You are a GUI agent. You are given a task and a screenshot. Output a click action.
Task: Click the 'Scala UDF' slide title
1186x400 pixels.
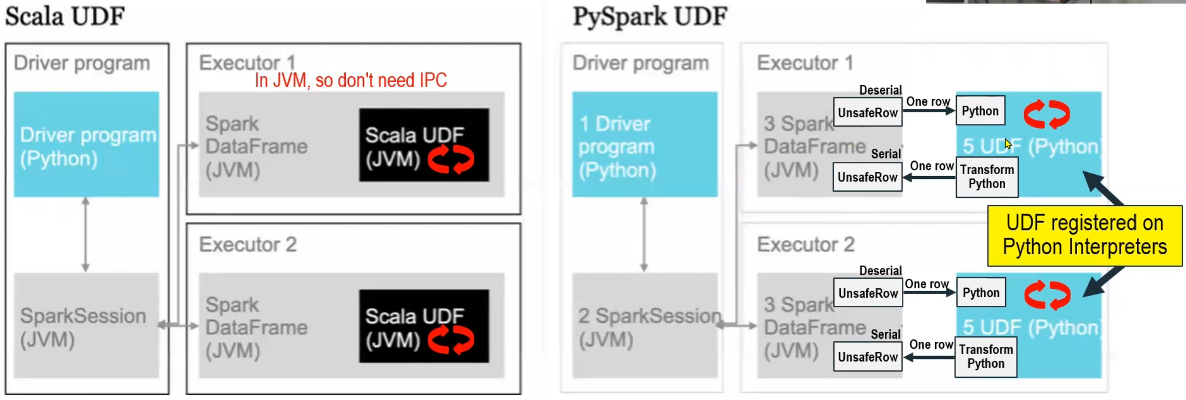click(x=65, y=17)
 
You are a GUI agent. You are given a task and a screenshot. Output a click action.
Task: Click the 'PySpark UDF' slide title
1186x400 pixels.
click(x=650, y=17)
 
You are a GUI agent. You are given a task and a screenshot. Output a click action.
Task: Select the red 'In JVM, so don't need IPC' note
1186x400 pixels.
click(x=350, y=80)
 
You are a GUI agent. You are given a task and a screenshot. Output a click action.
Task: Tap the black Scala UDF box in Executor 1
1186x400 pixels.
click(x=424, y=145)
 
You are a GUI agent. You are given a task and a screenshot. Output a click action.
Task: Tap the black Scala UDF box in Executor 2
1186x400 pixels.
click(x=424, y=326)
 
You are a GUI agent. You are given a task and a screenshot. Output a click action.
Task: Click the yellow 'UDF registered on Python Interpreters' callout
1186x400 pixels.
click(x=1084, y=235)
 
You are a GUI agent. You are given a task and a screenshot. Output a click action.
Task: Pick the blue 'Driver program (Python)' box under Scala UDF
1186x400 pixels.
click(x=86, y=144)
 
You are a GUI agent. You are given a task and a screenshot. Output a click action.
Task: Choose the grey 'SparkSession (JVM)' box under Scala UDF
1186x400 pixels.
click(x=86, y=326)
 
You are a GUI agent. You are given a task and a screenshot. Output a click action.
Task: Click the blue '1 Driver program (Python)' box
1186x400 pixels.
click(x=644, y=144)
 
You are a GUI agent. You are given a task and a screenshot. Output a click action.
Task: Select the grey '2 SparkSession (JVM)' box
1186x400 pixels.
click(x=644, y=326)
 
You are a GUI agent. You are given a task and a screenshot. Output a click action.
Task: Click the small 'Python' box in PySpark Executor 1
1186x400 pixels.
click(x=980, y=111)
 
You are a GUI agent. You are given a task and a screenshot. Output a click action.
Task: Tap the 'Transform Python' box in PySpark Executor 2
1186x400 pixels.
click(x=986, y=357)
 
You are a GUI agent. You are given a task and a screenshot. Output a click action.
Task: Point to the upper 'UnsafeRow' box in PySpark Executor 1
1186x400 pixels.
click(x=867, y=113)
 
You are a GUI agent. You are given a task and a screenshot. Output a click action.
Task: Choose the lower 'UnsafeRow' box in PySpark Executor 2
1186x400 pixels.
click(x=867, y=357)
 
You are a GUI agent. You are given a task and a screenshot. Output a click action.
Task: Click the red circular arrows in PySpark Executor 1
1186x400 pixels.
click(x=1046, y=115)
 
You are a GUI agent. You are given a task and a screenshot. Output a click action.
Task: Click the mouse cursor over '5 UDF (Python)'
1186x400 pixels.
click(x=1007, y=143)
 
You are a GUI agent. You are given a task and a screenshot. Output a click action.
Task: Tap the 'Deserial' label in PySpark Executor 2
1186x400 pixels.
click(x=880, y=271)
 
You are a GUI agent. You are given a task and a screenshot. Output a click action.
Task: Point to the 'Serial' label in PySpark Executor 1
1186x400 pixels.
click(x=885, y=154)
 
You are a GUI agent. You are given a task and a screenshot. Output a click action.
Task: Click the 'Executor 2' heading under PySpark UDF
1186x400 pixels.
click(x=805, y=245)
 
